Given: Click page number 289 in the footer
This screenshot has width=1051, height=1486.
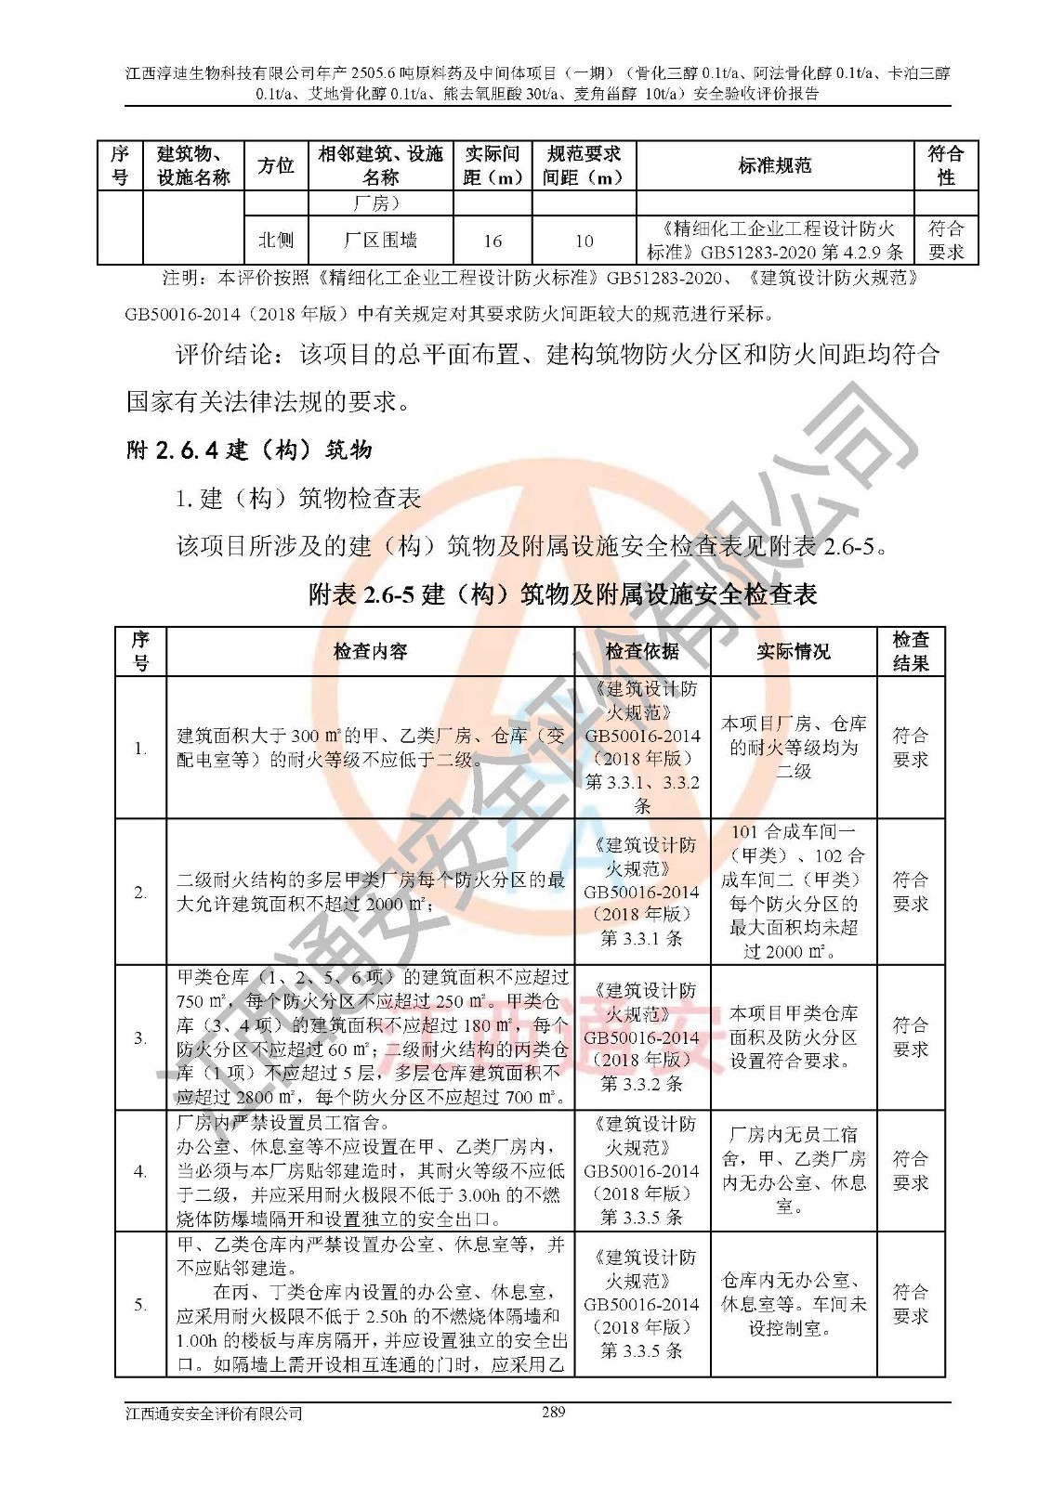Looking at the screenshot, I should point(553,1413).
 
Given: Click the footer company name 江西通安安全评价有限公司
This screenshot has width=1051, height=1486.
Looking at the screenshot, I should point(215,1414).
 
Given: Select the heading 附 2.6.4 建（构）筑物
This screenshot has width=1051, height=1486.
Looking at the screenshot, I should point(249,450).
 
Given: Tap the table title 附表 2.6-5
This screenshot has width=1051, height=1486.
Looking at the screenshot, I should point(562,594).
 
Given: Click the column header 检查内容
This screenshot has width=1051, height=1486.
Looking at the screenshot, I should point(370,651).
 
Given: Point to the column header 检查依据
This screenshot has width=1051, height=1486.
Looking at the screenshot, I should point(642,651).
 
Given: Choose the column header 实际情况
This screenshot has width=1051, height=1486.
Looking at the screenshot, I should point(794,651).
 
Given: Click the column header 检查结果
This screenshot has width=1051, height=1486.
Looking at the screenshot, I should point(911,651).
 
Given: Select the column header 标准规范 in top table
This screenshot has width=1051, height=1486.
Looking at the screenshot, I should point(775,165).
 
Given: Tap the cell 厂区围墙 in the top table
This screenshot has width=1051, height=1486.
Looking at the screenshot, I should point(380,241).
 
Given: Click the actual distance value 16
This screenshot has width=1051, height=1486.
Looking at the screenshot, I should point(493,241).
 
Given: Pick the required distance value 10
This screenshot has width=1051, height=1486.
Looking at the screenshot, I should point(584,241).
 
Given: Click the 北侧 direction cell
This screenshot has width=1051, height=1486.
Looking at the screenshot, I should point(276,241).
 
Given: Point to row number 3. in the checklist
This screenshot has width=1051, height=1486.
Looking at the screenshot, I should point(140,1037).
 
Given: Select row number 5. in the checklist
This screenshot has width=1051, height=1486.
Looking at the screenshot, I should point(140,1305).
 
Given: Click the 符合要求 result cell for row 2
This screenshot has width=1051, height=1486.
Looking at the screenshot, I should point(911,892).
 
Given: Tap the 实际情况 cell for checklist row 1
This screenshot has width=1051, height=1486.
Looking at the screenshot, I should point(794,747).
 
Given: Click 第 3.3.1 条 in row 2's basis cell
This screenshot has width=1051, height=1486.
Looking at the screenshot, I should point(642,938).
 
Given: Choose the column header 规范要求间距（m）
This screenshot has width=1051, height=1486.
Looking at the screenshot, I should point(584,165).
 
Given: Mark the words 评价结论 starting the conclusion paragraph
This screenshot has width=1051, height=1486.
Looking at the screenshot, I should point(225,355).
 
